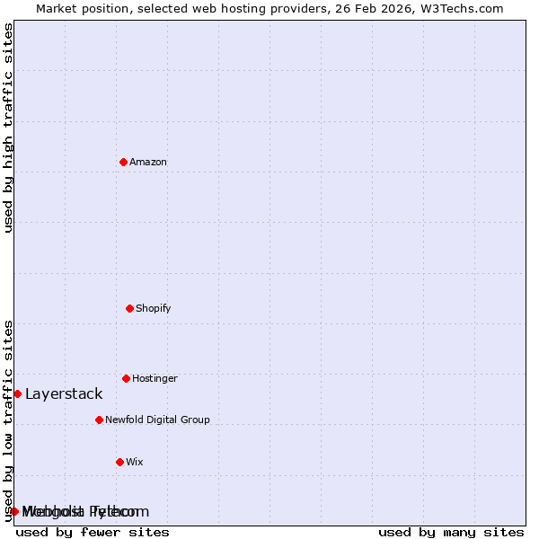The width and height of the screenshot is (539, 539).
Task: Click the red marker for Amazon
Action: coord(123,162)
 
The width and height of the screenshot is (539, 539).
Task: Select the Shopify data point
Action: coord(129,308)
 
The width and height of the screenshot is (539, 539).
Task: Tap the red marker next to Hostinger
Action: coord(126,378)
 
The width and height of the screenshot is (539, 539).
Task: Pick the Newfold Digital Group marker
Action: coord(99,420)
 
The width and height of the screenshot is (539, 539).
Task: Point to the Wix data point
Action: coord(119,462)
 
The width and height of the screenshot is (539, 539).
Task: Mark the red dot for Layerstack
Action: coord(17,393)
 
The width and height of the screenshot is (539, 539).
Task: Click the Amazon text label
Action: coord(148,162)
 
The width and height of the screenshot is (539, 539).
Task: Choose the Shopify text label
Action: coord(154,308)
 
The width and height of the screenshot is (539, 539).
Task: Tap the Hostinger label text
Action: coord(155,378)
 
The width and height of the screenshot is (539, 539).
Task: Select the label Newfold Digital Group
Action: coord(157,420)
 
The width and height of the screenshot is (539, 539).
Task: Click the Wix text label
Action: coord(135,462)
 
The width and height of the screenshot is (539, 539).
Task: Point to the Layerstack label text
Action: coord(64,393)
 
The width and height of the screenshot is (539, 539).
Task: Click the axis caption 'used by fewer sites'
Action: coord(93,532)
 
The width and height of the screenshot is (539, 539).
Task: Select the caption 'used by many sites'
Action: coord(451,532)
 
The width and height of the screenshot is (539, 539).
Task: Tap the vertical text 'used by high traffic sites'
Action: coord(8,128)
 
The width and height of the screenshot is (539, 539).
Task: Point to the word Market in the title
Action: coord(57,8)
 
